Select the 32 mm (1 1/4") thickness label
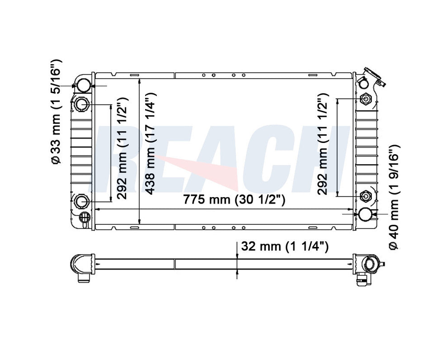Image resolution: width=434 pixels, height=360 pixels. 285,246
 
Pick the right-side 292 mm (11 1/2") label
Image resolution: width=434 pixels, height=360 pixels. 322,144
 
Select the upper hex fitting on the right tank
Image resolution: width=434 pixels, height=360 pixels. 366,99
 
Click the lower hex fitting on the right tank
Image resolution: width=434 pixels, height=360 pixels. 366,196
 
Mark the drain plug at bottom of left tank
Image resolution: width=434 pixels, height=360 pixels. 83,218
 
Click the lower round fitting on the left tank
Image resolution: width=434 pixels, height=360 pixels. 81,201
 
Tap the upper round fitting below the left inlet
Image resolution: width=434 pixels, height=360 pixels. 81,104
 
